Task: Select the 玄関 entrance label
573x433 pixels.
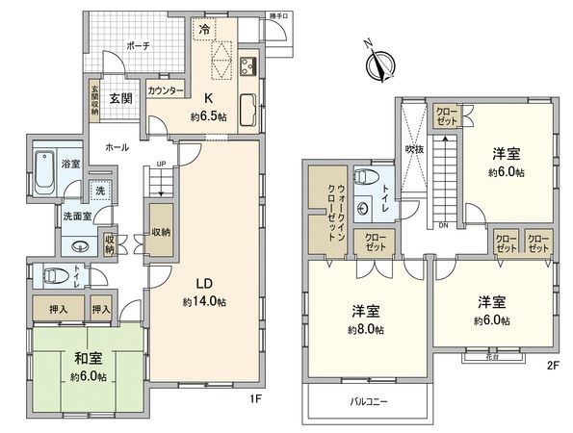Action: tap(119, 97)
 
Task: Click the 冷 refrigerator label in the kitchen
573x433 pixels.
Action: tap(204, 31)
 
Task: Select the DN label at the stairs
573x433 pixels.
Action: tap(442, 227)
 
